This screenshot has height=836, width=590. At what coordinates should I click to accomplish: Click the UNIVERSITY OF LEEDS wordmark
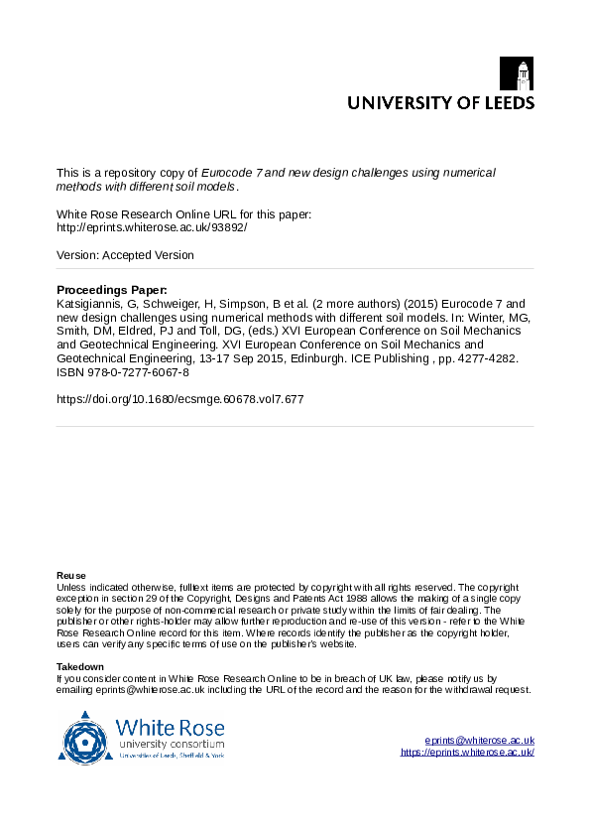click(439, 102)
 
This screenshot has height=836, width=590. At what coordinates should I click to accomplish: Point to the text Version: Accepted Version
click(125, 255)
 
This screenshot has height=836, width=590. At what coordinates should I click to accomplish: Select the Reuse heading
click(70, 576)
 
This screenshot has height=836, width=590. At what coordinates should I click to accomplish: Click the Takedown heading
click(79, 666)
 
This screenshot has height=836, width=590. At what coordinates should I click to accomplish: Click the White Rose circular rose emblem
click(86, 736)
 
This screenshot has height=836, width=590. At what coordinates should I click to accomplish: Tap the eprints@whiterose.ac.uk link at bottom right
click(479, 741)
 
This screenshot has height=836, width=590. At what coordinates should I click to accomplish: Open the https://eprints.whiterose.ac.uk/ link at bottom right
click(467, 753)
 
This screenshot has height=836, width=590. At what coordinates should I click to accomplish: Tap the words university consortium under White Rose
click(171, 744)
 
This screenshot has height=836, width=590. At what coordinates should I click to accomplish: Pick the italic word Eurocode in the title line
click(225, 172)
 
